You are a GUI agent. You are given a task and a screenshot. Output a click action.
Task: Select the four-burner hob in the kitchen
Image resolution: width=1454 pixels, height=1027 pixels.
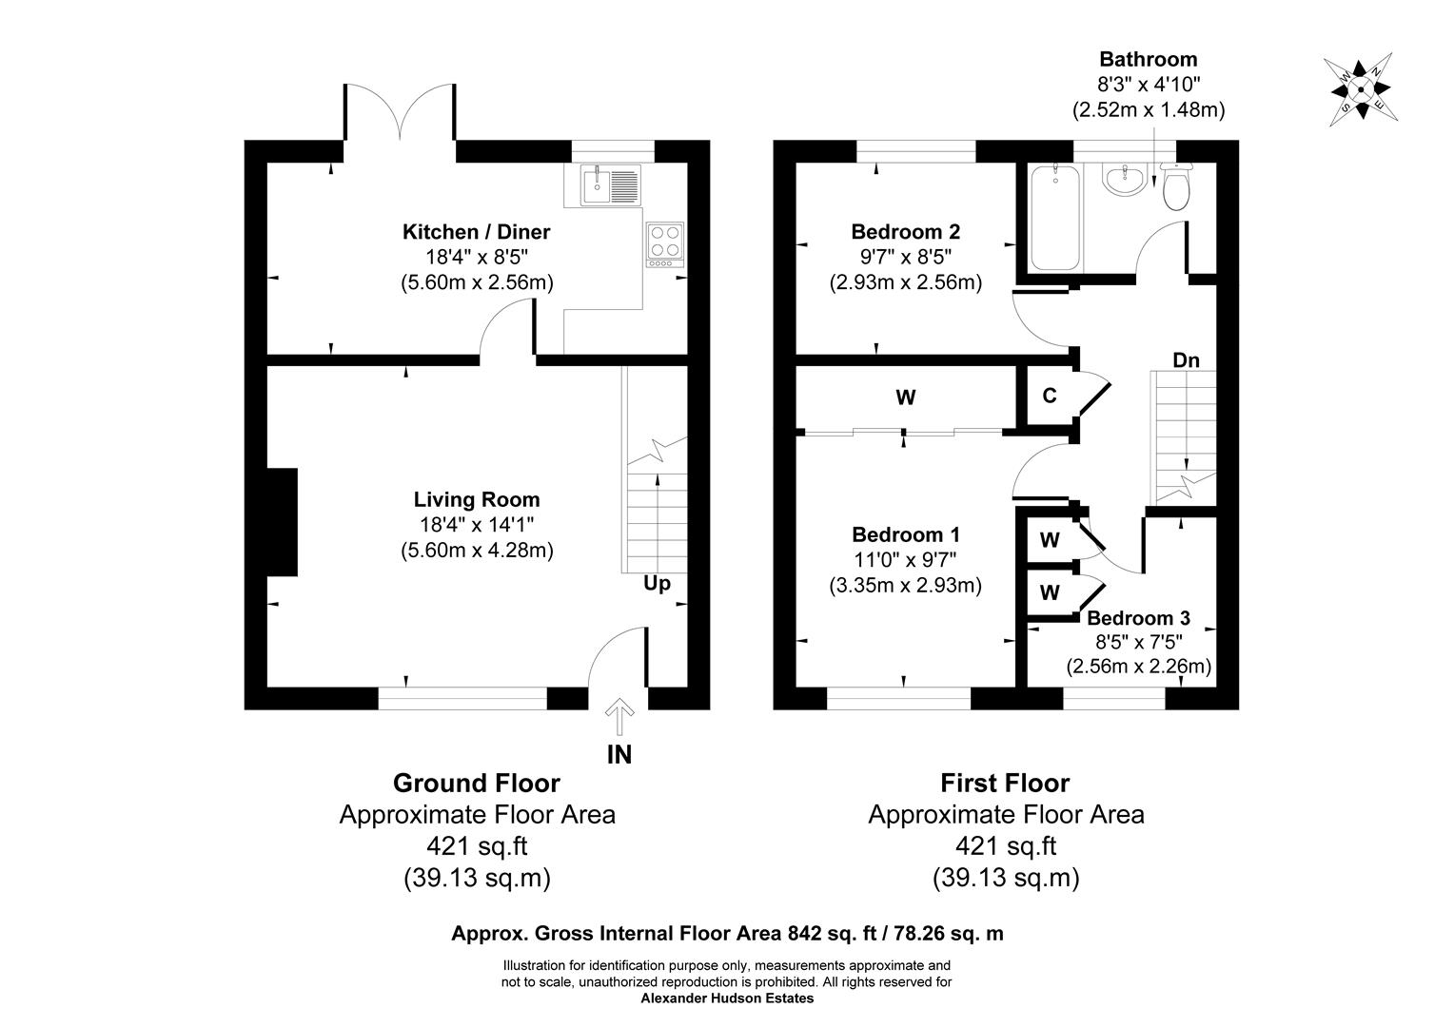(664, 242)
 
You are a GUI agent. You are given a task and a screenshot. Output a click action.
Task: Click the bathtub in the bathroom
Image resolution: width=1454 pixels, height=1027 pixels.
(1054, 218)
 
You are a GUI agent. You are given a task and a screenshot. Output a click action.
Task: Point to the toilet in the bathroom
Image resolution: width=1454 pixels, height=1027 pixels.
(1177, 186)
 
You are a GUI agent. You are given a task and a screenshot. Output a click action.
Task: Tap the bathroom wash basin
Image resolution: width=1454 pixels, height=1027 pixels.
(1125, 179)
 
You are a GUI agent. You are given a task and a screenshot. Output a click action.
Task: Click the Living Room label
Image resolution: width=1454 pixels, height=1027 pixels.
(477, 499)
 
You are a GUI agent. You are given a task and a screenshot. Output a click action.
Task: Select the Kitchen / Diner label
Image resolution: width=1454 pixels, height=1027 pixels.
(477, 231)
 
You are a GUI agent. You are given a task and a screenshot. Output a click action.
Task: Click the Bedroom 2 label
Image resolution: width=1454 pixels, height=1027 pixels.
(905, 231)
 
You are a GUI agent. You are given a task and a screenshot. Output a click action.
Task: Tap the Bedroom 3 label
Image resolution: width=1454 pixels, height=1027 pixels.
(1138, 618)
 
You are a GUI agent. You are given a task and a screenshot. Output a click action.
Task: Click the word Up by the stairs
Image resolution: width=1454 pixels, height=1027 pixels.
(657, 583)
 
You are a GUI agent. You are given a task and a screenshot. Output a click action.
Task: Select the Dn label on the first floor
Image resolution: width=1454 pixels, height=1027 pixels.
(1186, 360)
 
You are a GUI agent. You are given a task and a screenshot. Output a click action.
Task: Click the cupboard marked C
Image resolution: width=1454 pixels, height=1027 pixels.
(1049, 396)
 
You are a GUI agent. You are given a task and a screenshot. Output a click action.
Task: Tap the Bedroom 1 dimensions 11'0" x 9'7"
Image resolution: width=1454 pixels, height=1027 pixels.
(905, 560)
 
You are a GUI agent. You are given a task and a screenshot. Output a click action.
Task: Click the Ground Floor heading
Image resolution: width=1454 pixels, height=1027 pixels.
(477, 783)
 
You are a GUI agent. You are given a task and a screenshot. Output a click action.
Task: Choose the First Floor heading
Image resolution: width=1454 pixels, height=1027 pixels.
(1005, 783)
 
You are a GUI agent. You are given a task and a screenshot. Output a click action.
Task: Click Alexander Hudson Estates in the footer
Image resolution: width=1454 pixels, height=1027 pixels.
(727, 998)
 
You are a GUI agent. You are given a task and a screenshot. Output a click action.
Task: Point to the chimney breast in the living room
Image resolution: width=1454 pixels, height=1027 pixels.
(283, 522)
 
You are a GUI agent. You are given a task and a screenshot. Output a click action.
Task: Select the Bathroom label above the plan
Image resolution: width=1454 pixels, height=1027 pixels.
(1148, 60)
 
